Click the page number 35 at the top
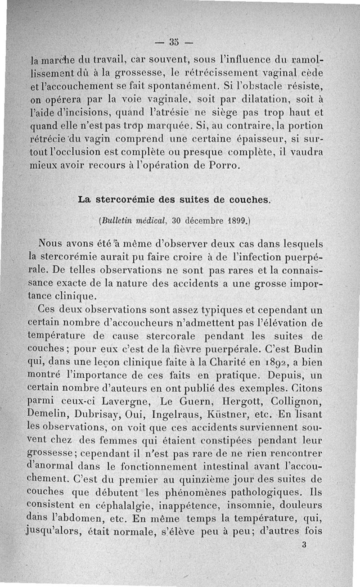(x=174, y=43)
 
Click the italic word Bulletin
(x=116, y=221)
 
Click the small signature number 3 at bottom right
(x=305, y=544)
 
